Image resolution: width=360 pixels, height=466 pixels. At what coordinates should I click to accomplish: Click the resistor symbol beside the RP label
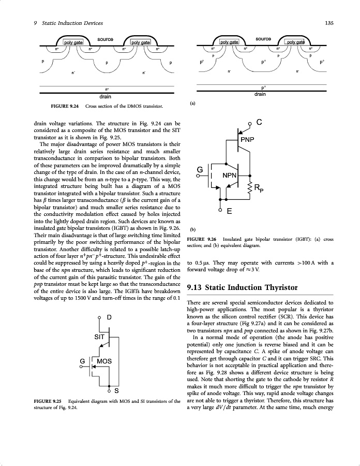coord(250,188)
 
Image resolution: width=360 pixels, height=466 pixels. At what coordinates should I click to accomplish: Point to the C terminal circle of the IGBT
coord(249,123)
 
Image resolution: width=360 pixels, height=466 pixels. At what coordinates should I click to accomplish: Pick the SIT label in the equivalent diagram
coord(100,336)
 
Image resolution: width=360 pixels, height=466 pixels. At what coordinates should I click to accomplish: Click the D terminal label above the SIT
coord(109,316)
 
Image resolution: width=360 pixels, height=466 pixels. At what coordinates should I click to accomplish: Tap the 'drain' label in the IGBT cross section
coord(260,94)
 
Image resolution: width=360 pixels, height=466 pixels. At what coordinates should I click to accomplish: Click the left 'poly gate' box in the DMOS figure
coord(73,42)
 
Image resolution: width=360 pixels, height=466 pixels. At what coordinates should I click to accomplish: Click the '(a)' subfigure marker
coord(192,103)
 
